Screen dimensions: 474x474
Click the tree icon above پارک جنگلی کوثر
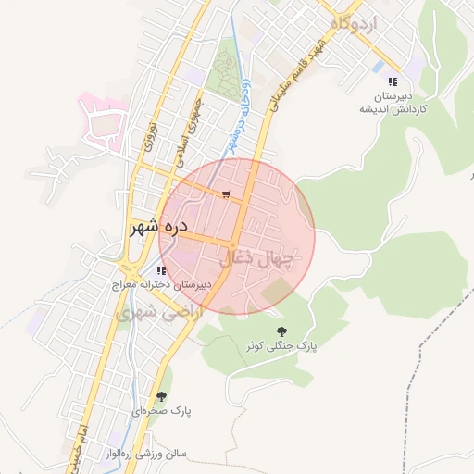click(281, 331)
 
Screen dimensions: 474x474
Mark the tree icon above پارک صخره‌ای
click(161, 396)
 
